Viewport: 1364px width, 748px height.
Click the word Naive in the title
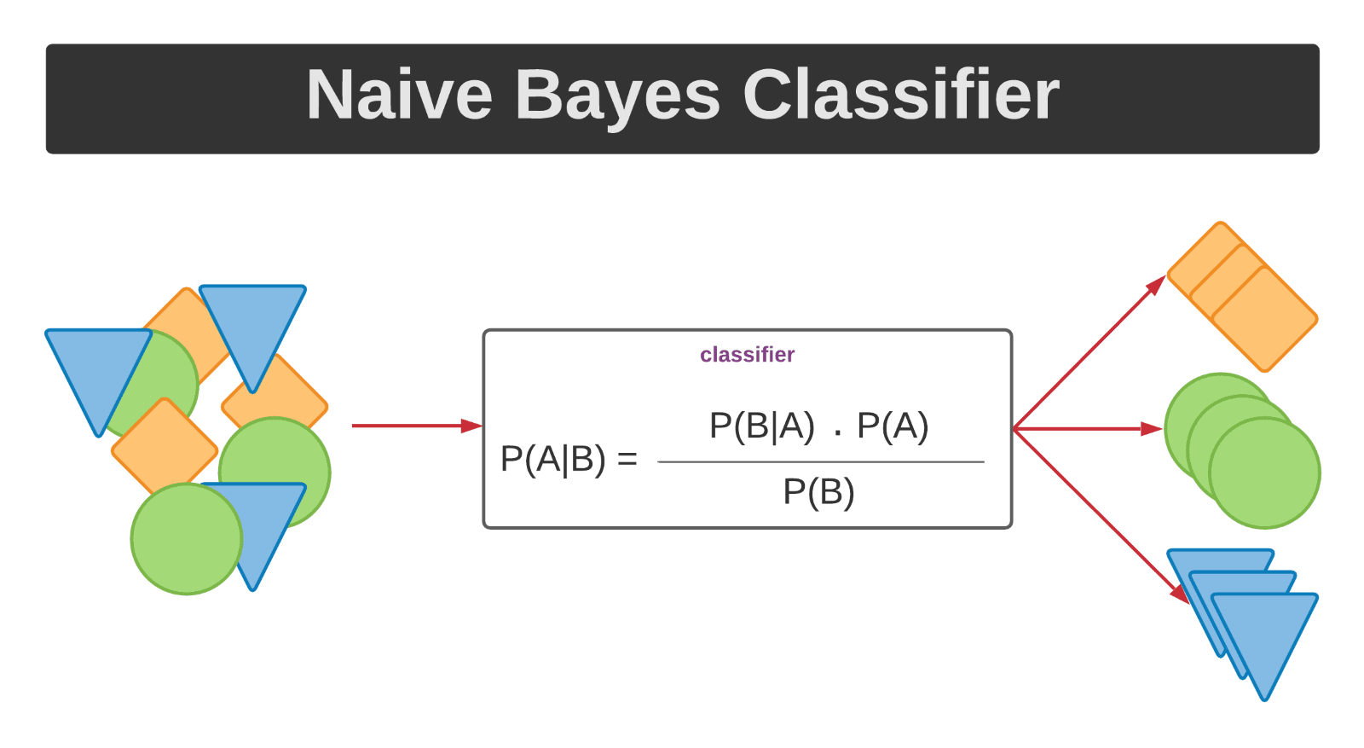[399, 95]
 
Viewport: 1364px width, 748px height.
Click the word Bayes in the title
[617, 95]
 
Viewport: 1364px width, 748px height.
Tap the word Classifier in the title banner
[900, 95]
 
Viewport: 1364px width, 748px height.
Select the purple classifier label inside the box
[747, 355]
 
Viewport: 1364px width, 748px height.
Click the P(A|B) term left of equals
[552, 459]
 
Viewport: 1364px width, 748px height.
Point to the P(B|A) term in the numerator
[761, 426]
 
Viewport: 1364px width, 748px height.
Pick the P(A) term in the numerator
[893, 426]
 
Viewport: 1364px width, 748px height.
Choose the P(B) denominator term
[818, 492]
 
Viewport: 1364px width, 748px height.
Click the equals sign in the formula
[627, 459]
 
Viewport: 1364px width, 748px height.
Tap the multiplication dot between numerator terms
[838, 433]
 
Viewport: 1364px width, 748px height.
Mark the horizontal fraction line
[820, 462]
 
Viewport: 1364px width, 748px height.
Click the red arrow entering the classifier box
[416, 426]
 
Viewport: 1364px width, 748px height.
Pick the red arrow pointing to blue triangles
[1100, 514]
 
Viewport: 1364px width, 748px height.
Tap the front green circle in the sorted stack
[1264, 473]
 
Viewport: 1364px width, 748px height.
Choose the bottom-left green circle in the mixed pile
[186, 539]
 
